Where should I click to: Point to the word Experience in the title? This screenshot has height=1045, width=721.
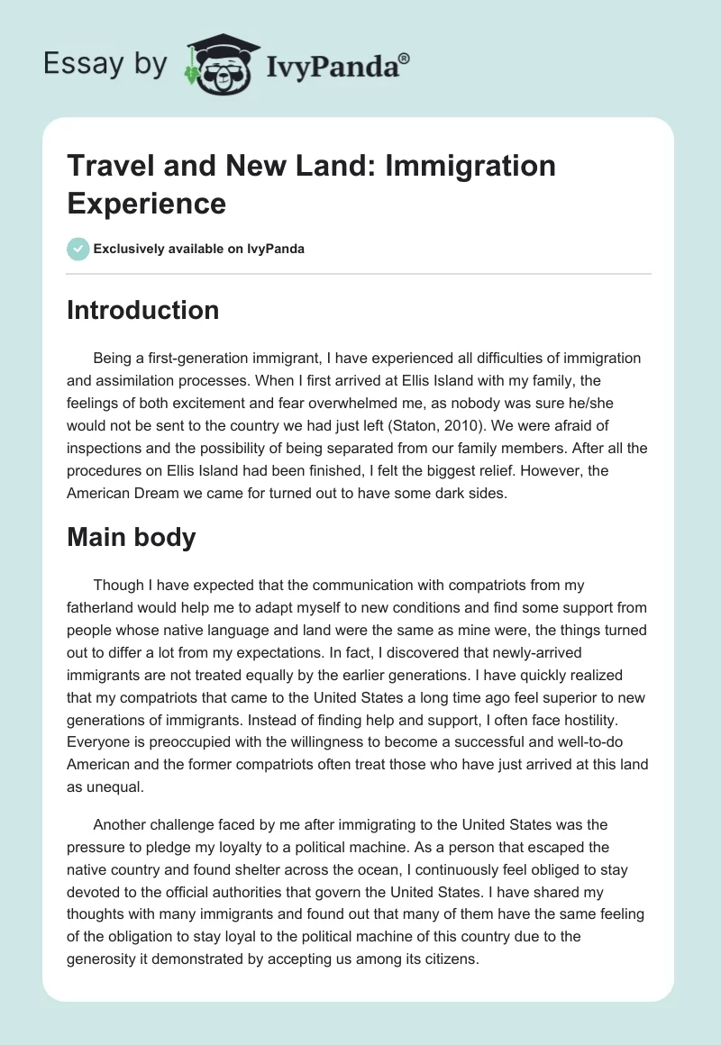[146, 202]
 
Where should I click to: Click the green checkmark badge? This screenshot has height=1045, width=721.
[78, 249]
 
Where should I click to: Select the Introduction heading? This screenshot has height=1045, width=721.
[143, 310]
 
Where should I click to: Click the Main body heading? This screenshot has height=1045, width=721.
[132, 537]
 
